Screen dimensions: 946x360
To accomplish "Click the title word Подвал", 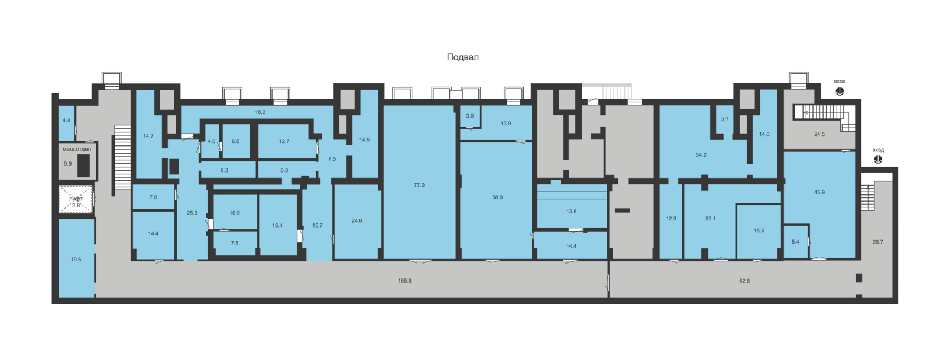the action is (463, 57).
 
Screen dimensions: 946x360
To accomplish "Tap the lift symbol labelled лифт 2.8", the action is (76, 199).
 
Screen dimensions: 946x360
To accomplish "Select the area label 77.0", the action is (419, 185).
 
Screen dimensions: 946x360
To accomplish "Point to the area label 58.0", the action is (497, 197).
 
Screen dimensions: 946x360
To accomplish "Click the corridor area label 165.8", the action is (404, 281).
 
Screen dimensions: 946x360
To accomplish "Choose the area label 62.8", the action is (744, 281).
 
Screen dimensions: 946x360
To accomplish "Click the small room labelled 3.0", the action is (469, 116).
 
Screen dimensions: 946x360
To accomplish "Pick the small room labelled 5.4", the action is (796, 241).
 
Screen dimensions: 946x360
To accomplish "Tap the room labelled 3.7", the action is (725, 120).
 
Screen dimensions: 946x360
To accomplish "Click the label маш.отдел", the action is (77, 149).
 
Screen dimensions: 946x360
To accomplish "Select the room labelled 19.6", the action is (76, 258).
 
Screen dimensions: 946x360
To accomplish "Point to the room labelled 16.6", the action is (759, 231).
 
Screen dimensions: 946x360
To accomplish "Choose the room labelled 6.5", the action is (236, 141).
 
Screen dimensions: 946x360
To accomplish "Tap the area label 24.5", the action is (819, 134).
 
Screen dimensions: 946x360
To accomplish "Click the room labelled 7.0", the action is (153, 197).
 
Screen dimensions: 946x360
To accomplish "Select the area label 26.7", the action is (877, 242).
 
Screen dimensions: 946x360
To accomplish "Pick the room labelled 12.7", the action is (284, 141).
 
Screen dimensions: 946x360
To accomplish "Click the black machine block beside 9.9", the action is (83, 166).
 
